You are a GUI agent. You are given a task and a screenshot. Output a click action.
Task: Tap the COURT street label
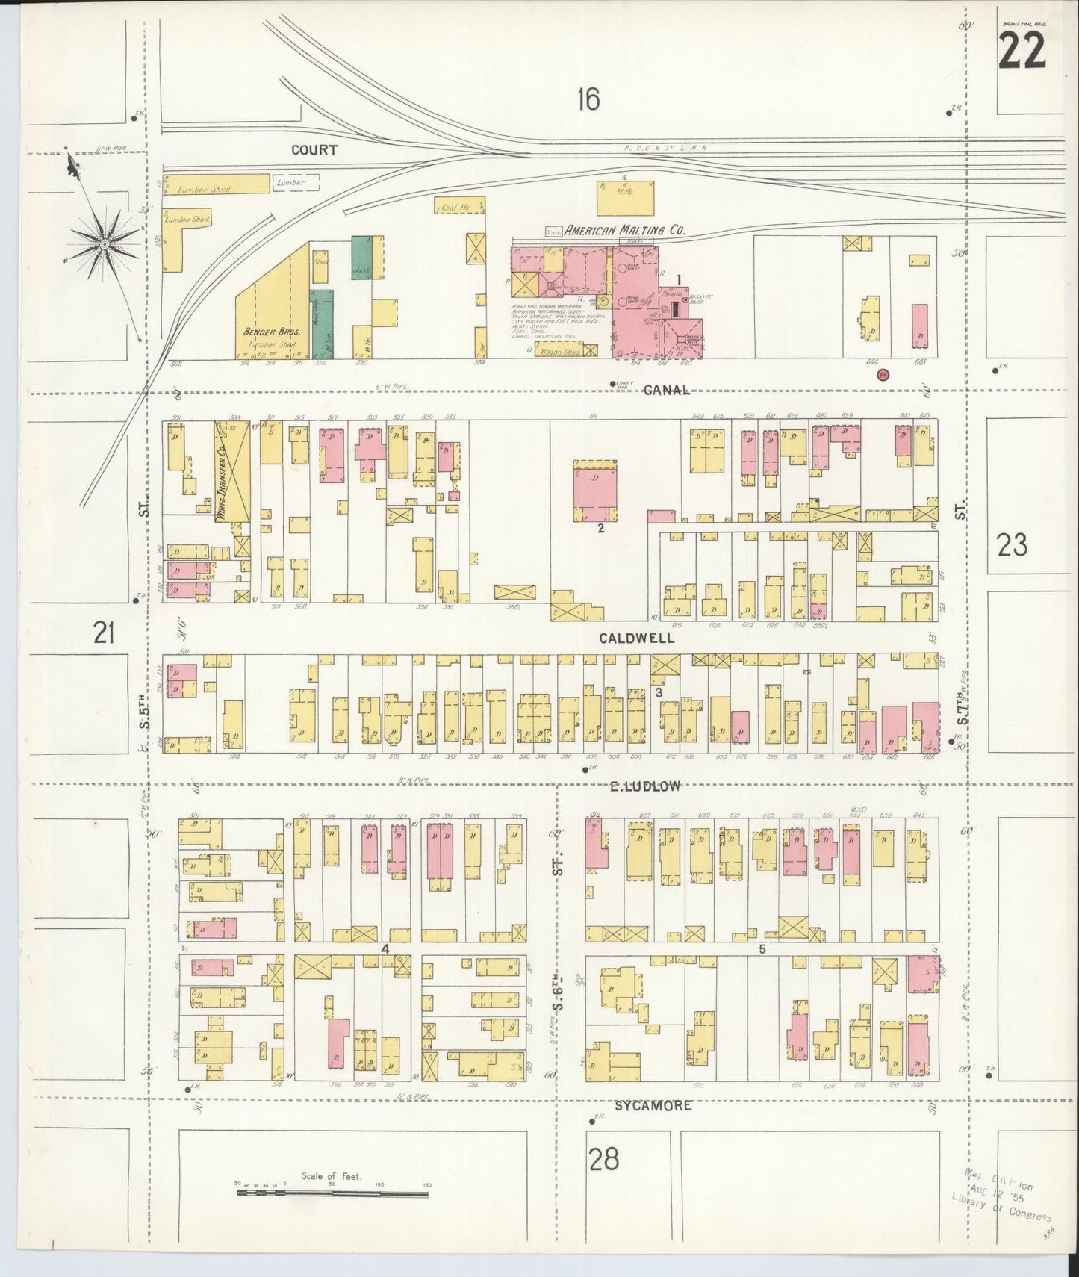314,150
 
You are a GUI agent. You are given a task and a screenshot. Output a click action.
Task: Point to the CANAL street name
666,390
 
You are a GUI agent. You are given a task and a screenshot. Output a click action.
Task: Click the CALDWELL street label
636,638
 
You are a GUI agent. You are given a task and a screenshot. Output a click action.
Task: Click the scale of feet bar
333,1193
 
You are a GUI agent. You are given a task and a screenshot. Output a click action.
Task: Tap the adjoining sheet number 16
588,99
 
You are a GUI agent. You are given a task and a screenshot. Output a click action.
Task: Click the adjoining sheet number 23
1013,546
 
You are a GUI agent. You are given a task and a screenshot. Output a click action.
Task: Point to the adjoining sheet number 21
104,634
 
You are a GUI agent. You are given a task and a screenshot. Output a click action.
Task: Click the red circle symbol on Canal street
883,374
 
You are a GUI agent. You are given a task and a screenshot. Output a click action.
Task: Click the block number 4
385,948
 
